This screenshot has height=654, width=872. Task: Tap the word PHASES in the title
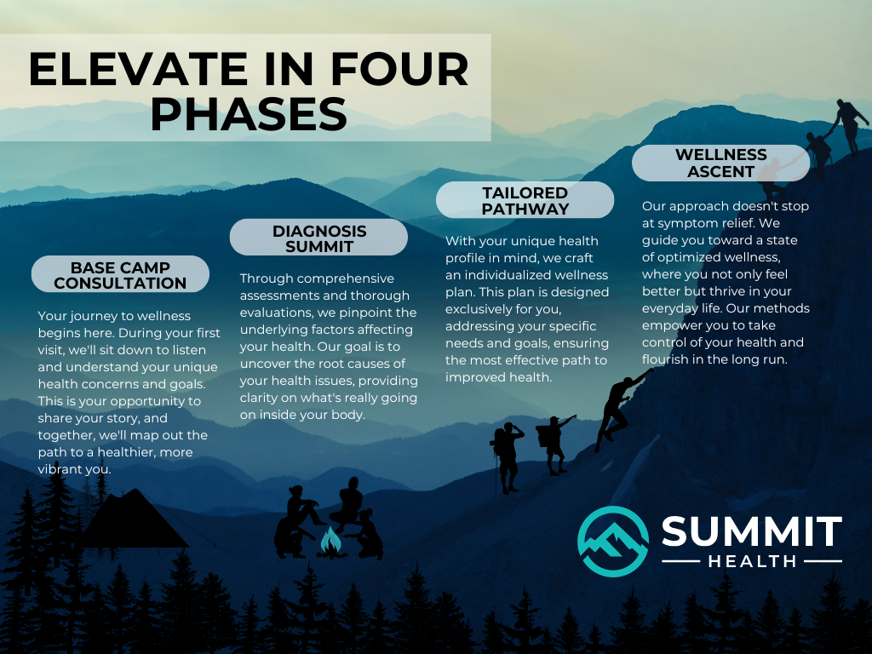coord(249,114)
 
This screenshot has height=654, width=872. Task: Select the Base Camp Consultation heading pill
coord(120,274)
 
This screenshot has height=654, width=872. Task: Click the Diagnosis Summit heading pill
coord(319,238)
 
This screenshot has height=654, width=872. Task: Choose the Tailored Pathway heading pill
coord(525,200)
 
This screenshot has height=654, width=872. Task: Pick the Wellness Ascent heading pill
coord(720,163)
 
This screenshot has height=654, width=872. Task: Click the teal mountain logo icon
coord(613,542)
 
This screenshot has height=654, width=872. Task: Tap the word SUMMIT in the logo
coord(752,531)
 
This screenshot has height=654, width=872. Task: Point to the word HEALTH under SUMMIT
coord(752,561)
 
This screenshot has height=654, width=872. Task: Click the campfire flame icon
coord(330,541)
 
